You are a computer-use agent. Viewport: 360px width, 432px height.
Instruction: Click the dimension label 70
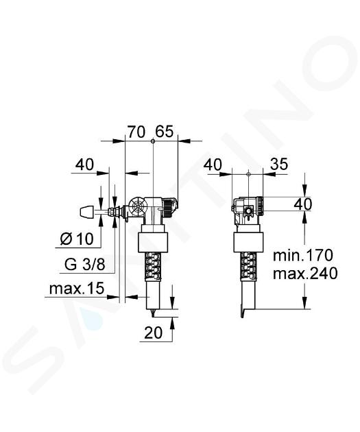136,132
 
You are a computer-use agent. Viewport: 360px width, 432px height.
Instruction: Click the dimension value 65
164,132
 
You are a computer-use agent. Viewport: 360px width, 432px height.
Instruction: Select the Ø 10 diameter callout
77,239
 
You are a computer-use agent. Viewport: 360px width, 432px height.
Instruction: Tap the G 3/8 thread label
85,265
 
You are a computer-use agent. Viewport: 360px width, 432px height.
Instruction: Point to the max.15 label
77,289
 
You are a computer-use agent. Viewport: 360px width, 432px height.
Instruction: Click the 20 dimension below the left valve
154,333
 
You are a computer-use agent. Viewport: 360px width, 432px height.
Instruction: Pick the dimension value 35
279,164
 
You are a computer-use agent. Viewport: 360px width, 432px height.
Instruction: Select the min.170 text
303,255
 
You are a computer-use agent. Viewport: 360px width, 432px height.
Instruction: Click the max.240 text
305,274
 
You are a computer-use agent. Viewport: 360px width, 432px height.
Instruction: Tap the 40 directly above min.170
303,204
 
